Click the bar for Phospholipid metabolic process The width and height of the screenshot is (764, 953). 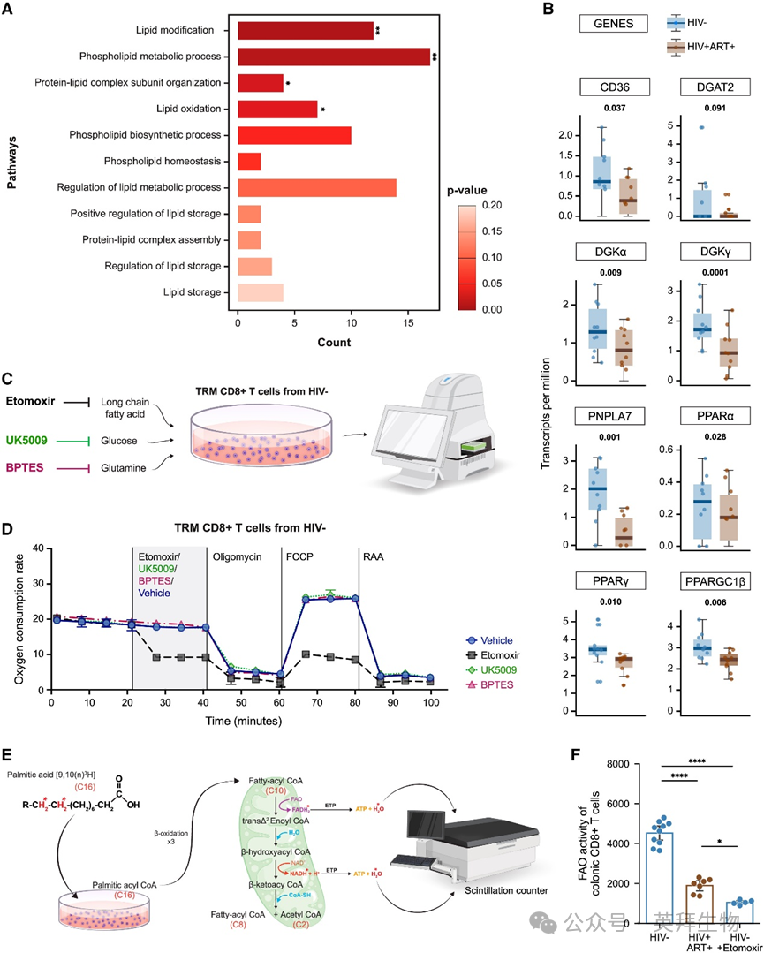tap(334, 57)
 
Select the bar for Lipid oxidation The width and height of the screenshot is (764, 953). tap(277, 110)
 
